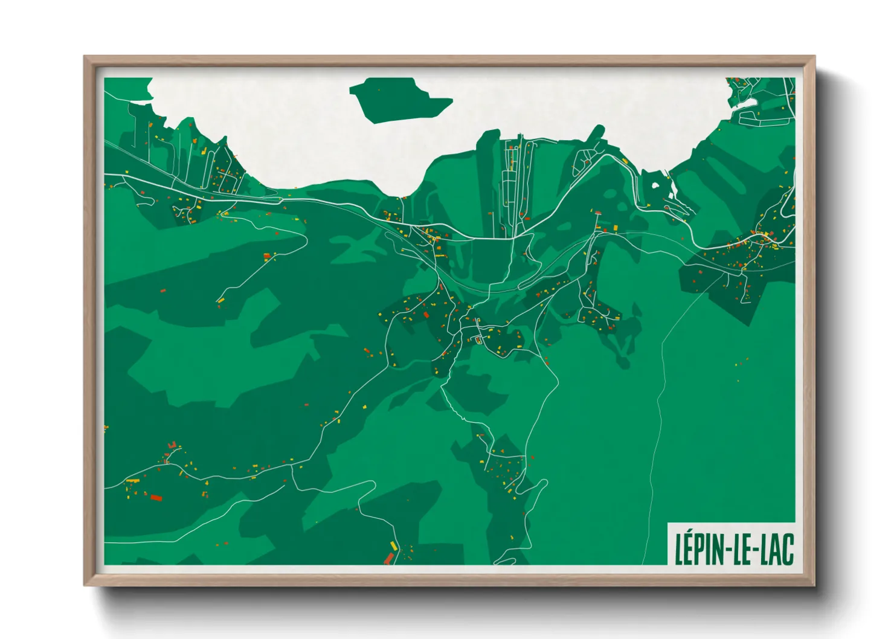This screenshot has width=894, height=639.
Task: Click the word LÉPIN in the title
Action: [x=697, y=548]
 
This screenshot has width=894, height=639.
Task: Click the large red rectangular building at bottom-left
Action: [x=156, y=498]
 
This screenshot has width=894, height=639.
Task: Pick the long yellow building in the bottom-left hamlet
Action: [x=133, y=481]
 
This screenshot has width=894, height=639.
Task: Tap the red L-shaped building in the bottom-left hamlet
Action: [x=172, y=445]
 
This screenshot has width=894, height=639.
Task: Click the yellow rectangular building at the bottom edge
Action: [x=393, y=546]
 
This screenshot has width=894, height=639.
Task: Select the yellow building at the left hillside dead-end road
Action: [x=221, y=300]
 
